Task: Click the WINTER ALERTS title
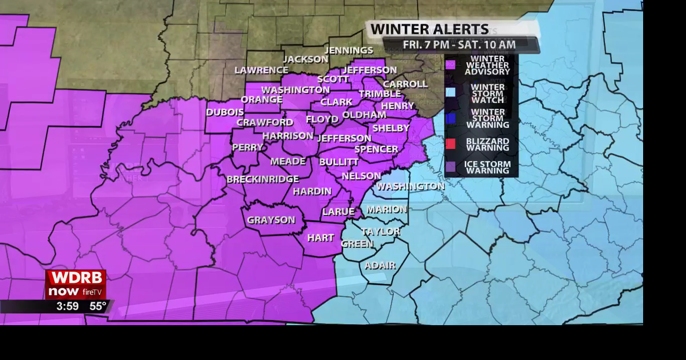coord(429,29)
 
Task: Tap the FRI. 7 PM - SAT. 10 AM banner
coord(459,45)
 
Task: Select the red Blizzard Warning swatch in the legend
coord(451,144)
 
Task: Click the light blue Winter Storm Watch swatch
coord(451,92)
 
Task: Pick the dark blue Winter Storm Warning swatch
coord(451,118)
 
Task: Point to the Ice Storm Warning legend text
coord(487,167)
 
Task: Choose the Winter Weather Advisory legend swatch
coord(451,65)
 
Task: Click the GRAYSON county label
coord(271,220)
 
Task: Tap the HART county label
coord(320,238)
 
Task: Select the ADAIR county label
coord(380,266)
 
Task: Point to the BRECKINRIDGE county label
coord(263,179)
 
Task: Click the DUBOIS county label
coord(225,112)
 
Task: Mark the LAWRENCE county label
coord(262,70)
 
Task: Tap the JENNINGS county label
coord(349,50)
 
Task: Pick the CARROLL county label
coord(405,84)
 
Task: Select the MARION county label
coord(387,209)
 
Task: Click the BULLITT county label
coord(339,162)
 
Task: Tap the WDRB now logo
coord(76,284)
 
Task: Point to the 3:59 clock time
coord(68,306)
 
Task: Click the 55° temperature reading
coord(98,306)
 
